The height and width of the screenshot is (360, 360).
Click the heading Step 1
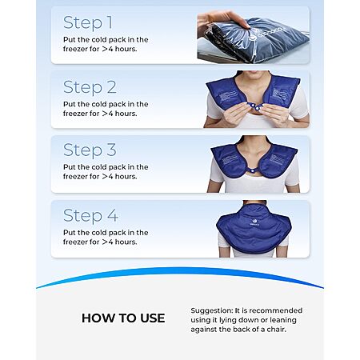(88, 22)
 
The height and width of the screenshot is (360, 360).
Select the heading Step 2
(90, 87)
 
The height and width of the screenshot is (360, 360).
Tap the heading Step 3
(90, 150)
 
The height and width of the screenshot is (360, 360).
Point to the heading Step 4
(90, 215)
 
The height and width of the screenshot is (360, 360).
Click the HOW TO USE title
(123, 318)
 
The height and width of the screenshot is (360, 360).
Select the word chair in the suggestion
(276, 330)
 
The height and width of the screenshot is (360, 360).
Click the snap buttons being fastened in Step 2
(254, 106)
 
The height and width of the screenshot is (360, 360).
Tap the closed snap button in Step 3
(251, 169)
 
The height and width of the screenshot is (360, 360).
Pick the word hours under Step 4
(126, 242)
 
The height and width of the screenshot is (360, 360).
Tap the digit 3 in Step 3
(111, 150)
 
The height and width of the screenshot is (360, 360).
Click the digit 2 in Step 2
(112, 87)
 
